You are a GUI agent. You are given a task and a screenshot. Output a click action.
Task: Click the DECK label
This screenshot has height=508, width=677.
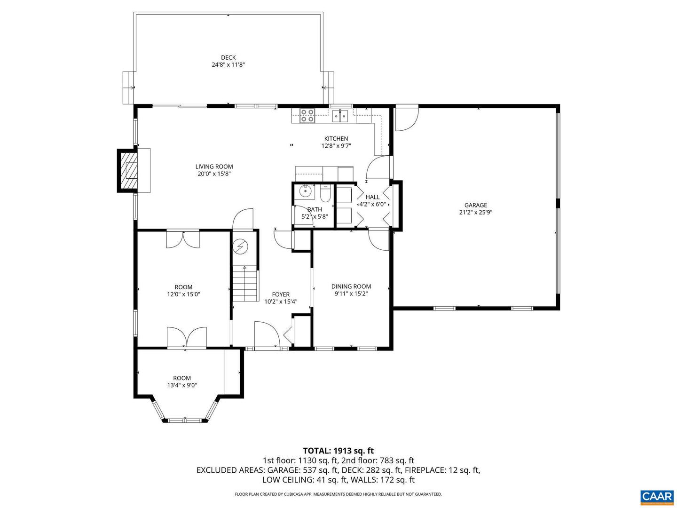(x=228, y=58)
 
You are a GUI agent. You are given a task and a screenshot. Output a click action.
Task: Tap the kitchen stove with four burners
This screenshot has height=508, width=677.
(x=307, y=116)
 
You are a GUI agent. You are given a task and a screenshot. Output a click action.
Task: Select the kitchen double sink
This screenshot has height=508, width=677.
(x=340, y=115)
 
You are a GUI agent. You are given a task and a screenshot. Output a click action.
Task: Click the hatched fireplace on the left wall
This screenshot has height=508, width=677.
(x=130, y=170)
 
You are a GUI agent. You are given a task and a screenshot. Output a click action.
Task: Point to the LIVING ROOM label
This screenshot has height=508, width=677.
(x=214, y=167)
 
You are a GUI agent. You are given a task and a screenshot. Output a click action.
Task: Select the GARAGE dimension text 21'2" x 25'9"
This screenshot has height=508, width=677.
(x=476, y=212)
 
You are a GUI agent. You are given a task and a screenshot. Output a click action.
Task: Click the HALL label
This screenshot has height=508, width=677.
(x=372, y=197)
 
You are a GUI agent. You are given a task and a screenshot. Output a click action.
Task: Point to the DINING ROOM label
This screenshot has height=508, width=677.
(x=351, y=286)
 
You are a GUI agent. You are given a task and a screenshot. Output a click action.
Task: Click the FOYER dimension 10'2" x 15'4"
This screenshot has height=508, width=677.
(x=281, y=302)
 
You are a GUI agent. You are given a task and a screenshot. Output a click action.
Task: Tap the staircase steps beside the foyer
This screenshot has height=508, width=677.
(x=245, y=284)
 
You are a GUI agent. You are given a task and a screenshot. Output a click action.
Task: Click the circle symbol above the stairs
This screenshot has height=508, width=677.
(x=241, y=246)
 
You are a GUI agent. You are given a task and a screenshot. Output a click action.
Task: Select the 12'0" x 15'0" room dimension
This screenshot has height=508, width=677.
(x=183, y=294)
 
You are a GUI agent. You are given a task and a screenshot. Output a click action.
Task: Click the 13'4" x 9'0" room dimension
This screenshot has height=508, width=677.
(x=182, y=385)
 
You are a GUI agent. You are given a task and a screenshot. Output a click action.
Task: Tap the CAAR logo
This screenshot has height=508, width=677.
(x=656, y=496)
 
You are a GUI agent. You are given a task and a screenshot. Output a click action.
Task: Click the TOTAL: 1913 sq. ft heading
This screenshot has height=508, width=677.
(x=338, y=451)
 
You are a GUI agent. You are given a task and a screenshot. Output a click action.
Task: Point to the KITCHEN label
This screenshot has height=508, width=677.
(x=336, y=138)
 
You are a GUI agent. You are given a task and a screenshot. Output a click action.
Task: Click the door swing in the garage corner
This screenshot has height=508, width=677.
(x=405, y=119)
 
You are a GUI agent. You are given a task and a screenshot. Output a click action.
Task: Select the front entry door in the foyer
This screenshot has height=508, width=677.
(x=267, y=335)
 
